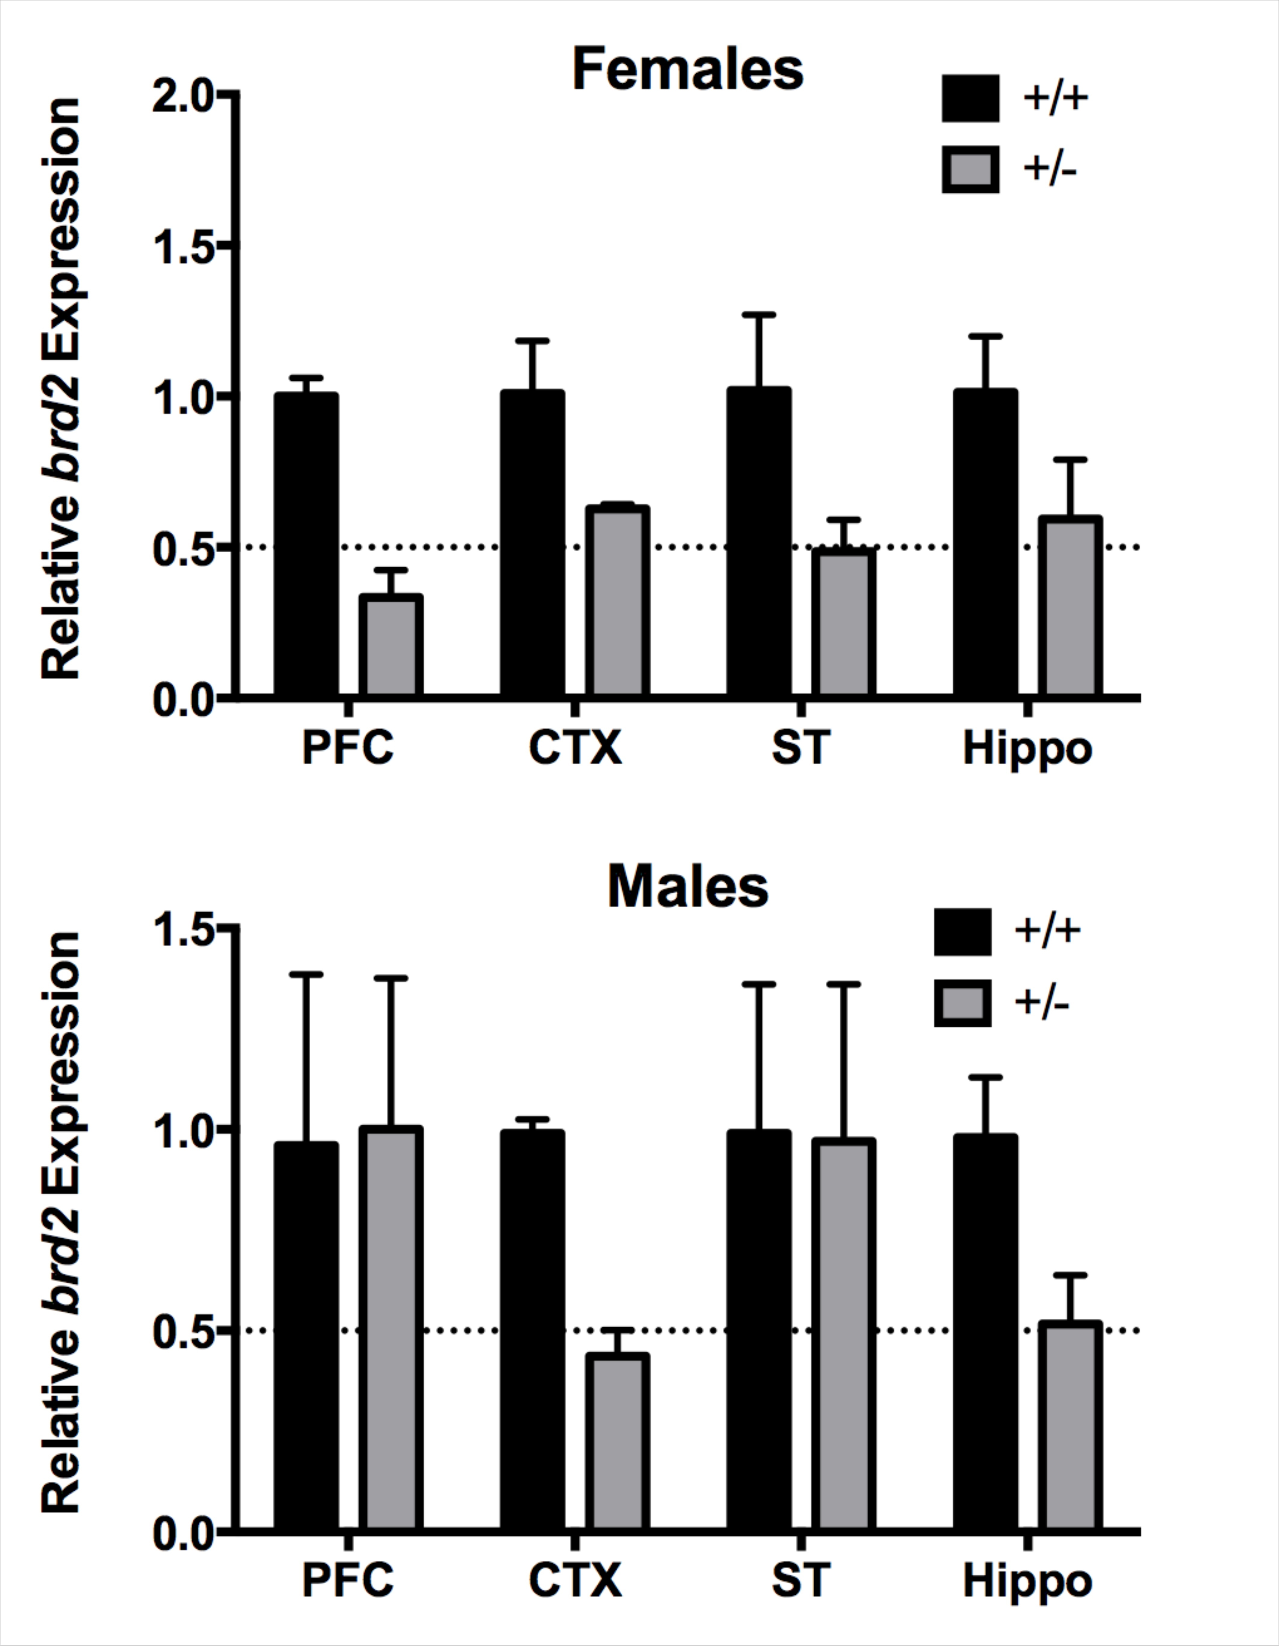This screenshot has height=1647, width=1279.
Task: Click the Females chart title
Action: [688, 70]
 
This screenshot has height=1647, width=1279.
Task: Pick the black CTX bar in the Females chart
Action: [532, 543]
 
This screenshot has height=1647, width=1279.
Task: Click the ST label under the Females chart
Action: [800, 748]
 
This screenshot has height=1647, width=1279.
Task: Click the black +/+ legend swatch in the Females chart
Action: [971, 98]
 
